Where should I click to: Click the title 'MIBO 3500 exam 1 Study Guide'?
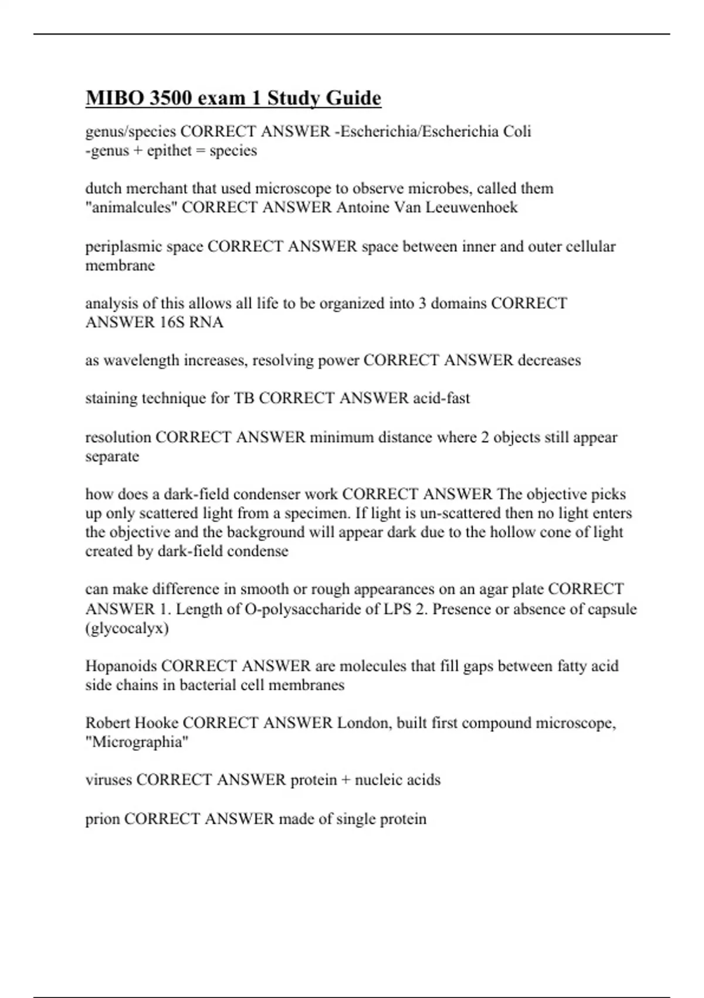(x=233, y=97)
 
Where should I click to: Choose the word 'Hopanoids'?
(x=121, y=666)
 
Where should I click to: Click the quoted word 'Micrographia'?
(x=137, y=742)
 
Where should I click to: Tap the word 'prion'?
(x=102, y=819)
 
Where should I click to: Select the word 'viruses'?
(x=109, y=780)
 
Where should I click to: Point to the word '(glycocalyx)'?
(x=127, y=629)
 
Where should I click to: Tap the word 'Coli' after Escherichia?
(x=517, y=131)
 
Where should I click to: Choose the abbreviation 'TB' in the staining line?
(x=244, y=398)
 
